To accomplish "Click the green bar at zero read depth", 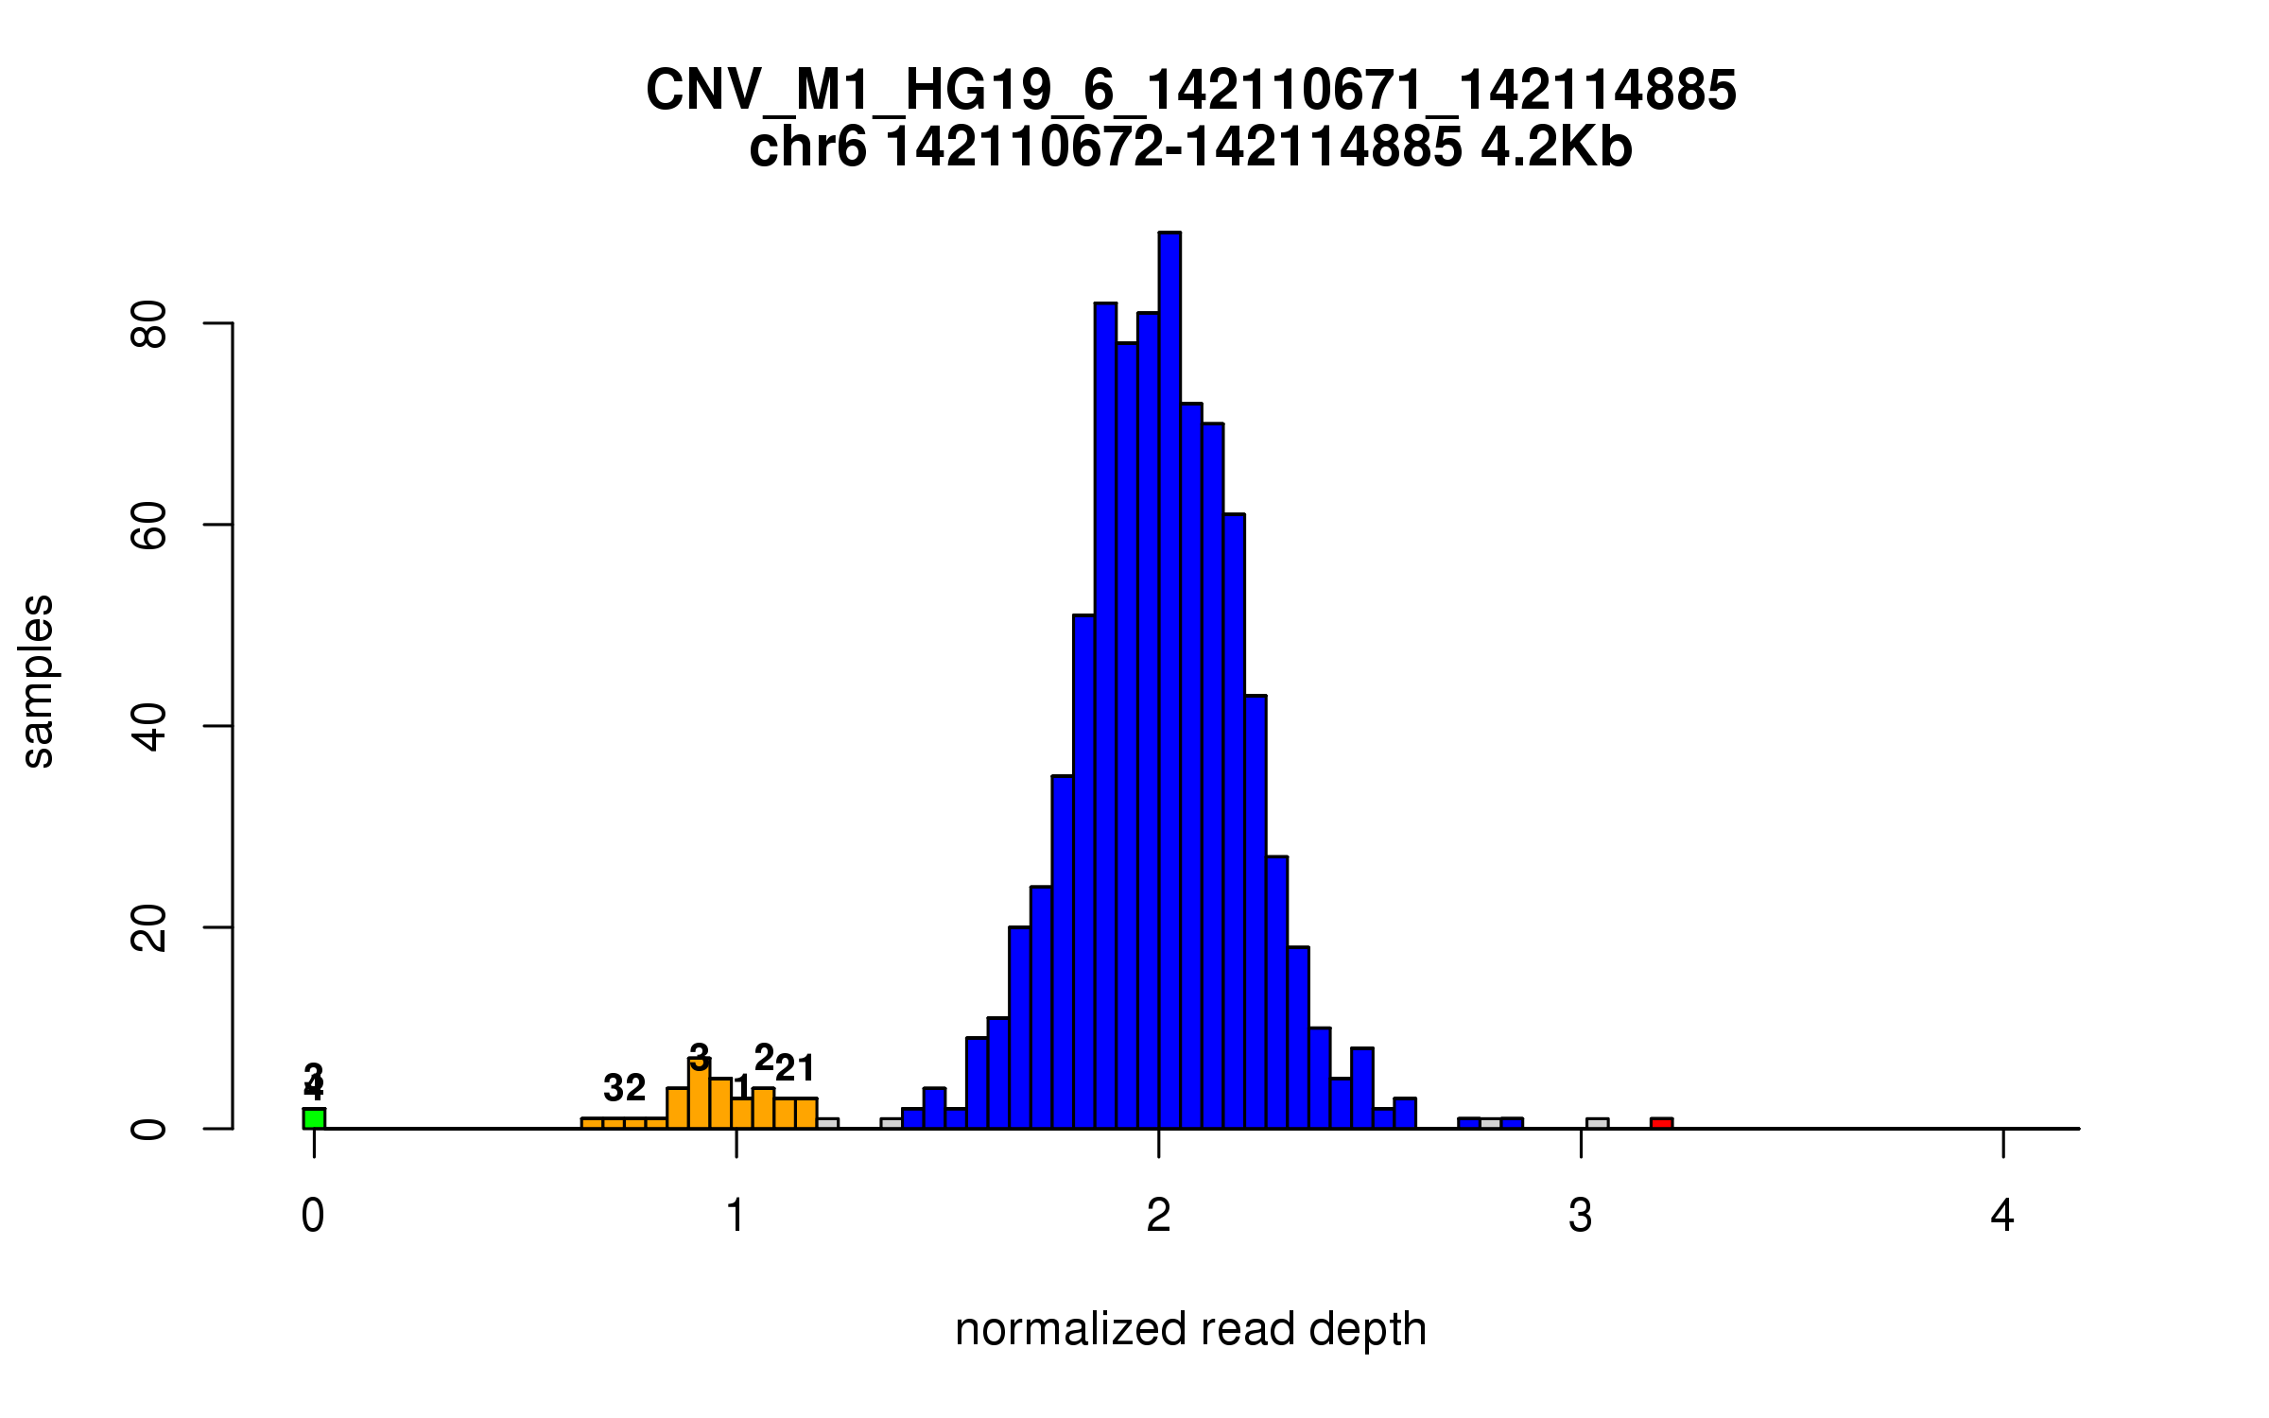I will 314,1118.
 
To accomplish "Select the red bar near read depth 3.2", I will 1661,1123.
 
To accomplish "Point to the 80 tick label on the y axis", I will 149,324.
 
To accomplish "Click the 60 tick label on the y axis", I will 149,525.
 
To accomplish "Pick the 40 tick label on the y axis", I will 149,726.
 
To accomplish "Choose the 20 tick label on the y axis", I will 149,927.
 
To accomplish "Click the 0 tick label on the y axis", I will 149,1129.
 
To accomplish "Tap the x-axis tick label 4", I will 2002,1216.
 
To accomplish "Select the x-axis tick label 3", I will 1581,1216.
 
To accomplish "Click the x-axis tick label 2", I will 1158,1216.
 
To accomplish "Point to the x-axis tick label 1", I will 736,1216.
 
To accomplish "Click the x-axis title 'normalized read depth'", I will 1190,1329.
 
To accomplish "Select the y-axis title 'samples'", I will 38,681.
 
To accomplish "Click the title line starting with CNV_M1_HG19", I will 1190,91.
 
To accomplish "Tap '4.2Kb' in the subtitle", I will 1556,147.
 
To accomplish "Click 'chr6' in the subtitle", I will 806,147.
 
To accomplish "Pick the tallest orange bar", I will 700,1095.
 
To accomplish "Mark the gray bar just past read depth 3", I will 1597,1123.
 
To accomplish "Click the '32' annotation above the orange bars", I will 624,1088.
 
